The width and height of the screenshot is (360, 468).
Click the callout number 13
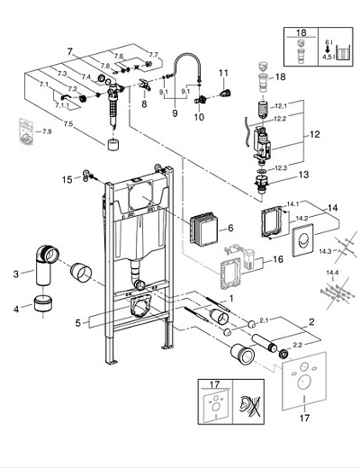pos(303,175)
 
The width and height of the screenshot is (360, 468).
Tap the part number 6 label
pos(230,228)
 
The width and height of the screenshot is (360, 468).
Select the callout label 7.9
pos(47,131)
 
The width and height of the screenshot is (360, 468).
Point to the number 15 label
pos(67,180)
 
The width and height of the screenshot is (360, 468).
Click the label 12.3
pos(281,168)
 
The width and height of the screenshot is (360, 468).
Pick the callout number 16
pos(278,259)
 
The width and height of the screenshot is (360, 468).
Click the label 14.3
pos(325,251)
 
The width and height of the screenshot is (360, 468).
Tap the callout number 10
pos(199,117)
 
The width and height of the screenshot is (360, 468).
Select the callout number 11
pos(223,73)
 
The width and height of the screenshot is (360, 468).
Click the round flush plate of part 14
pos(303,239)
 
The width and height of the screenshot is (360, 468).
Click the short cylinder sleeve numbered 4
pos(42,303)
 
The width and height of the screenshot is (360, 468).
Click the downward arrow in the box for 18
pos(328,49)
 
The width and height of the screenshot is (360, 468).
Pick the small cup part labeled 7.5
pos(112,145)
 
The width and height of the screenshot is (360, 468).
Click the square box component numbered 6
pos(203,229)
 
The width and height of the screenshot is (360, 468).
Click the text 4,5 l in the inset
pos(327,57)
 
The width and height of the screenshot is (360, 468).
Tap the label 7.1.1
pos(62,105)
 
